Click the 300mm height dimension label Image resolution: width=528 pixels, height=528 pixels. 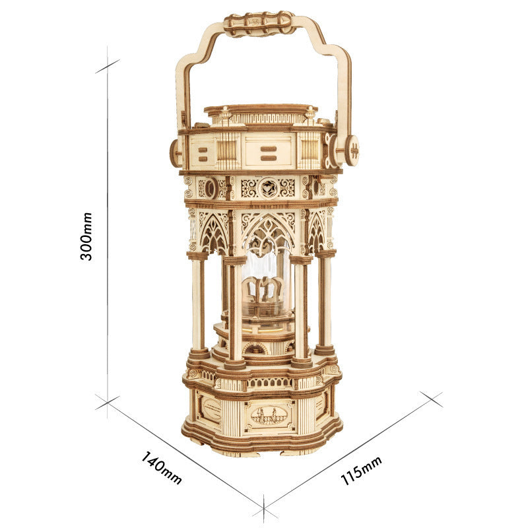point(87,236)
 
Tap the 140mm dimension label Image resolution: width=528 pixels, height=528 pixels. point(161,467)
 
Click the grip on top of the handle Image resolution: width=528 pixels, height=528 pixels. point(259,24)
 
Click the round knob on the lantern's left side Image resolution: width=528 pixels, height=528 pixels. point(176,153)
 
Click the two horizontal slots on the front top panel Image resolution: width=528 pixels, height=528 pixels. point(268,153)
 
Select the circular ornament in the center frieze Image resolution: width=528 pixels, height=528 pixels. point(267,188)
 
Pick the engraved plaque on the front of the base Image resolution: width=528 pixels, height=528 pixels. point(269,416)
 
